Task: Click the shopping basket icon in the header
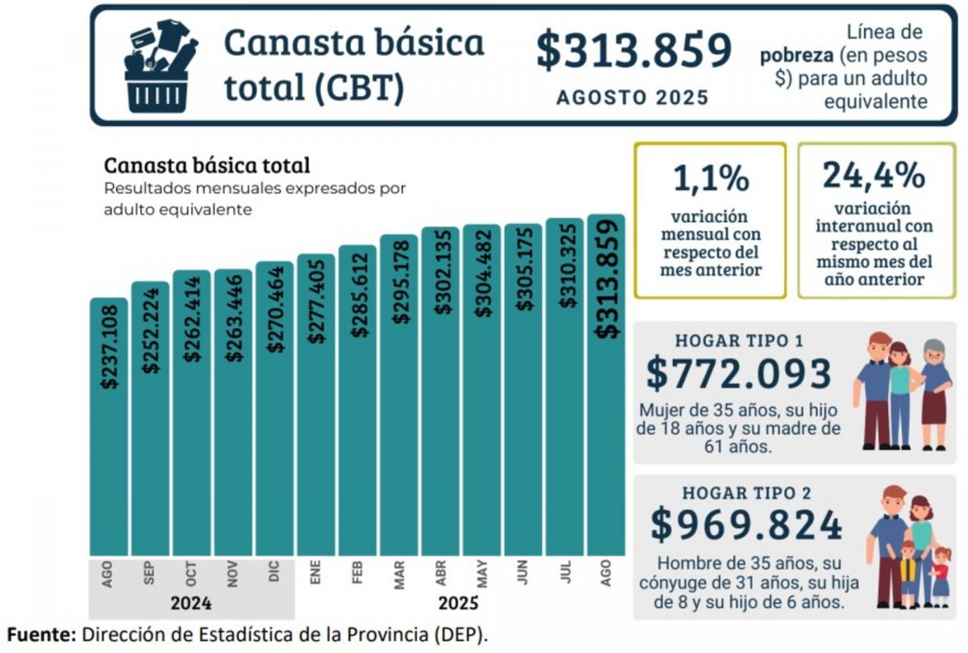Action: [159, 66]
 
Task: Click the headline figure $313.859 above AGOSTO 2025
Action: [634, 51]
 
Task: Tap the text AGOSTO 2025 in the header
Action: [633, 98]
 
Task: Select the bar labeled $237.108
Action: [108, 427]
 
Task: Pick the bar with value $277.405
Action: [316, 403]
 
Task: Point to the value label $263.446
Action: [233, 317]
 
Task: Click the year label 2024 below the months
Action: [191, 603]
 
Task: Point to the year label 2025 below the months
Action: [458, 603]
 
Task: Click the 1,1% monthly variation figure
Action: [710, 178]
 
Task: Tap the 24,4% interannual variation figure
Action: [873, 176]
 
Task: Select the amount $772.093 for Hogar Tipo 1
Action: [738, 374]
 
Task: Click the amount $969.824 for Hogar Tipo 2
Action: [746, 526]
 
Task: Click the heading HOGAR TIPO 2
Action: [746, 493]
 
